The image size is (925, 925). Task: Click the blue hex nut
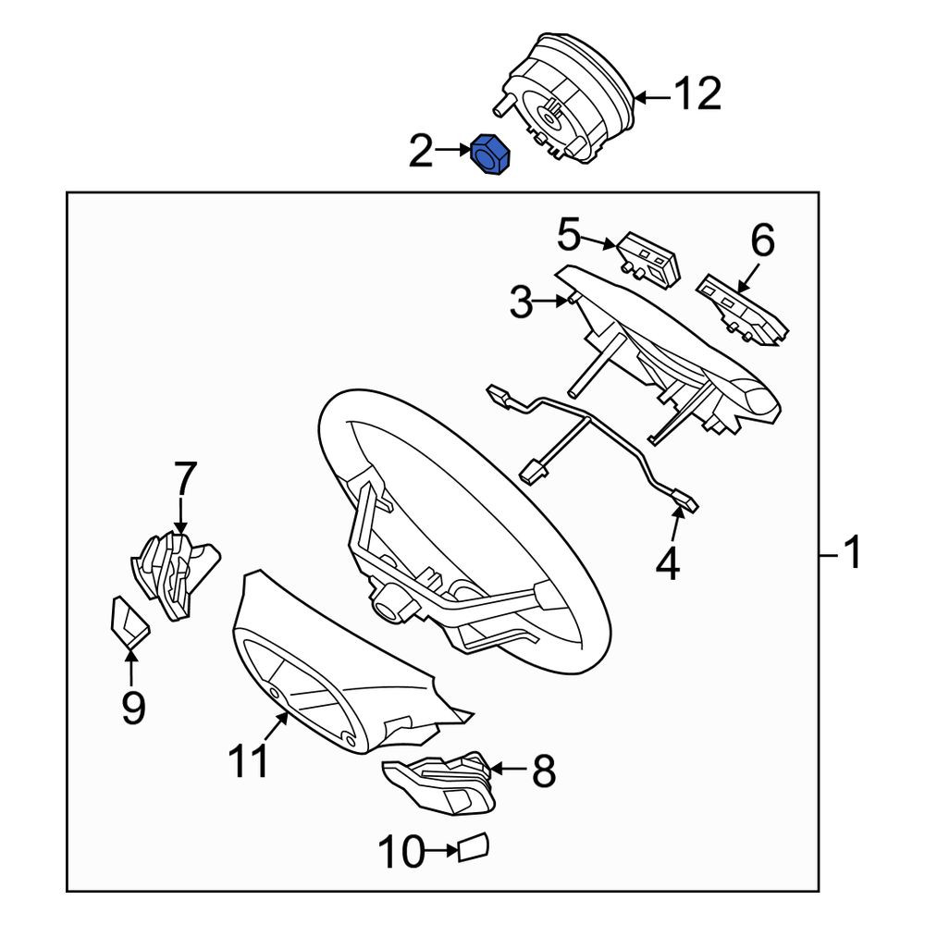(490, 154)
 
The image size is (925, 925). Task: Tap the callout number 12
(697, 93)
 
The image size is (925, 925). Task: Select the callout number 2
(421, 151)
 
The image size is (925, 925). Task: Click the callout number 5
(569, 234)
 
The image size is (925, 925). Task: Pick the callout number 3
(521, 302)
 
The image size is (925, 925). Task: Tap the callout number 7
(184, 478)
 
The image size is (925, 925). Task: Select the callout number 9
(133, 707)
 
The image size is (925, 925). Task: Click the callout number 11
(248, 760)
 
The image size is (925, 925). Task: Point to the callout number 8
(544, 771)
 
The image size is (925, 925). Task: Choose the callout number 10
(401, 851)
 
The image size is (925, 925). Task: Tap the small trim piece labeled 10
(473, 848)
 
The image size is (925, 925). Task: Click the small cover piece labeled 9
(129, 622)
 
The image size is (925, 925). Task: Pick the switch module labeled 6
(742, 309)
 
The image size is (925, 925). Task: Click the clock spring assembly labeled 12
(564, 99)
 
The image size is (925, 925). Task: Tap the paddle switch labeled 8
(438, 782)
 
